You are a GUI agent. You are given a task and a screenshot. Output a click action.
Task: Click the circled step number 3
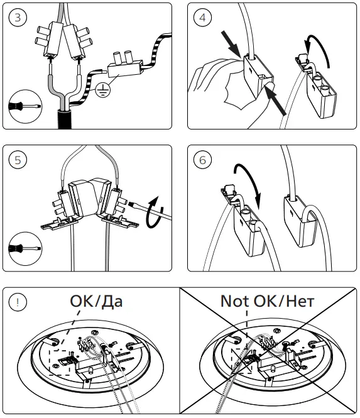coord(18,18)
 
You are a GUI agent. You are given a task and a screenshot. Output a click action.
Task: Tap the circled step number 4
coord(202,18)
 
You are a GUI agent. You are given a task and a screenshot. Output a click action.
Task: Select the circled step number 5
coord(18,160)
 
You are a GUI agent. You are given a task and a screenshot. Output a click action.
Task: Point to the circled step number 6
coord(202,160)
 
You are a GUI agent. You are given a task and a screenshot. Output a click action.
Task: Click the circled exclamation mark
coord(18,302)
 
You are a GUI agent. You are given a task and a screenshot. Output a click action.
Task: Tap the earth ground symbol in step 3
coord(103,89)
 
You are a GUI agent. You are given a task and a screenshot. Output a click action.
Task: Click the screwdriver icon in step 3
coord(25,106)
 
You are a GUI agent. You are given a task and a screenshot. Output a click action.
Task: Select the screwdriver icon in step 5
coord(25,249)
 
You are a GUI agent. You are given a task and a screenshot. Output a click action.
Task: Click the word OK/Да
coord(96,301)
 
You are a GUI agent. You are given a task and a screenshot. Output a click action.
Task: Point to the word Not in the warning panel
coord(236,300)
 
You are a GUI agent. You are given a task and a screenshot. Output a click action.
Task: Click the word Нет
coord(300,300)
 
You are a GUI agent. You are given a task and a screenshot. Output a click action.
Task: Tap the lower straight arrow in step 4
coord(276,101)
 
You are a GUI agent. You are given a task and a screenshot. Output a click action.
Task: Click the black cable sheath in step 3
coord(65,119)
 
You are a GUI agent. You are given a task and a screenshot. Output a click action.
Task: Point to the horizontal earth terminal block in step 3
coord(124,69)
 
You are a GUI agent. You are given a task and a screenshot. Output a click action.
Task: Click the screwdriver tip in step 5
coord(131,204)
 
